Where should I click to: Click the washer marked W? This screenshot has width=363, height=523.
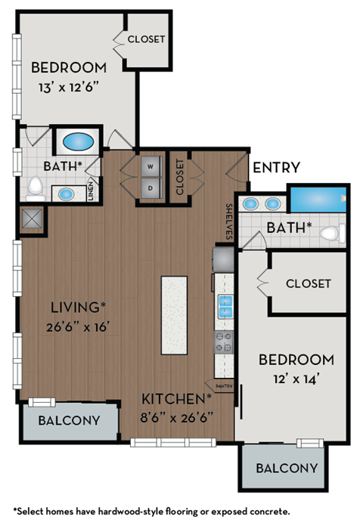click(150, 166)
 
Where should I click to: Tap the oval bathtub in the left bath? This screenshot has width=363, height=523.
click(77, 141)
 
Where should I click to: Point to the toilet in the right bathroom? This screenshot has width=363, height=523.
click(330, 234)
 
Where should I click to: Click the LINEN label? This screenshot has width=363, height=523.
click(90, 193)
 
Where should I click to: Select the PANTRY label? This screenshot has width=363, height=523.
click(224, 385)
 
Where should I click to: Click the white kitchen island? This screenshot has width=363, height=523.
click(174, 315)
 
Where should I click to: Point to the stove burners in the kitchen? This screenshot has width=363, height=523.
click(225, 342)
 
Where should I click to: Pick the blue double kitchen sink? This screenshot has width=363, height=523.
click(225, 305)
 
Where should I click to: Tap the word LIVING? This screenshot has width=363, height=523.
click(74, 307)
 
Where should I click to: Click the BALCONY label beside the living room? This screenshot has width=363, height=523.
click(70, 420)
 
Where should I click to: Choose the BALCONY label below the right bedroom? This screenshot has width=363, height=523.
click(287, 468)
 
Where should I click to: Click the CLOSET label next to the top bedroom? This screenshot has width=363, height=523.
click(146, 39)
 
